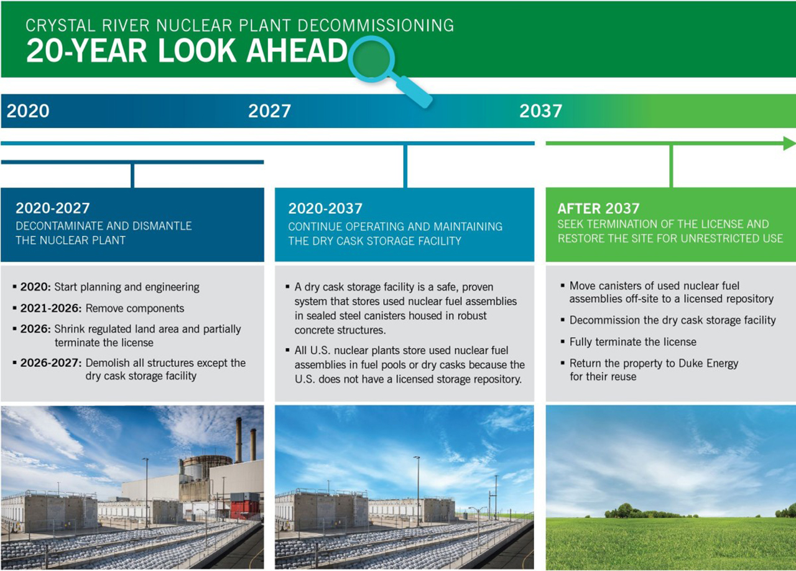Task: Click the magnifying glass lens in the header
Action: (371, 59)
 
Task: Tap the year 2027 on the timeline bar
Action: (270, 111)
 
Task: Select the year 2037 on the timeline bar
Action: (541, 111)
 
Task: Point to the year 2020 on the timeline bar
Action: (28, 111)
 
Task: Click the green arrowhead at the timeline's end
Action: (789, 143)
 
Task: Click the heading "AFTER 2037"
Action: (598, 208)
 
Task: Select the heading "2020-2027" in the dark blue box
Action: (53, 208)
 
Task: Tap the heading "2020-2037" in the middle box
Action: (325, 208)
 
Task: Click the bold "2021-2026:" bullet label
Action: (51, 309)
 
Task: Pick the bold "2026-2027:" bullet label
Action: (51, 363)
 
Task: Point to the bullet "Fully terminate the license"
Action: (633, 342)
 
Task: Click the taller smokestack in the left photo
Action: (239, 440)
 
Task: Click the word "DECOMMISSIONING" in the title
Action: (376, 26)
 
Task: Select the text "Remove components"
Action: (135, 309)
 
